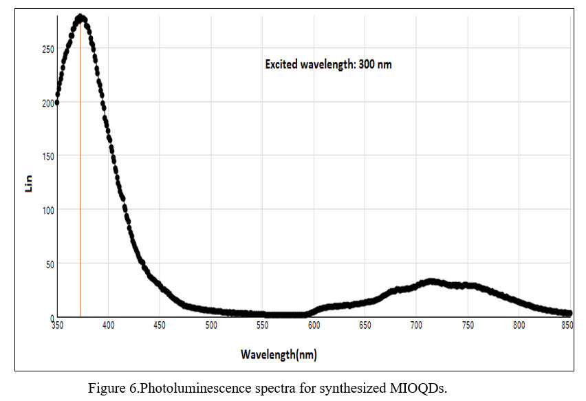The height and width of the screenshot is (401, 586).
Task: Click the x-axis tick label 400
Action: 108,325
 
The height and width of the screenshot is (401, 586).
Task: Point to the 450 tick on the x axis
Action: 160,325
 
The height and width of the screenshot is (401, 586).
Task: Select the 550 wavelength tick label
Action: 262,325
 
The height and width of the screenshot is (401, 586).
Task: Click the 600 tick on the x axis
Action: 314,325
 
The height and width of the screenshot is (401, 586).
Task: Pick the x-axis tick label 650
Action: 365,325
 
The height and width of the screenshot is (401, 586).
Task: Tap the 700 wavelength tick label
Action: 416,325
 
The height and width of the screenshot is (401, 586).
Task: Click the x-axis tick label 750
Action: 468,325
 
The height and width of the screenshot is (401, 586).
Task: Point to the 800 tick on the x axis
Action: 519,325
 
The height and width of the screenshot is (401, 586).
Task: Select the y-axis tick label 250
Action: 47,49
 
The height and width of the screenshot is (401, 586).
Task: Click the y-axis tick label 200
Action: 47,102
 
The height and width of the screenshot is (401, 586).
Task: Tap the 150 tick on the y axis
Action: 47,156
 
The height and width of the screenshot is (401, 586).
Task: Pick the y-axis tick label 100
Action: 47,210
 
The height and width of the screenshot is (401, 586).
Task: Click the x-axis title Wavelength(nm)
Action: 279,355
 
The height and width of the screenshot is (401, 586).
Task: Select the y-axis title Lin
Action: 29,184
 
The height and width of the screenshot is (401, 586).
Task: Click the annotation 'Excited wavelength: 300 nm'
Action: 328,65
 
